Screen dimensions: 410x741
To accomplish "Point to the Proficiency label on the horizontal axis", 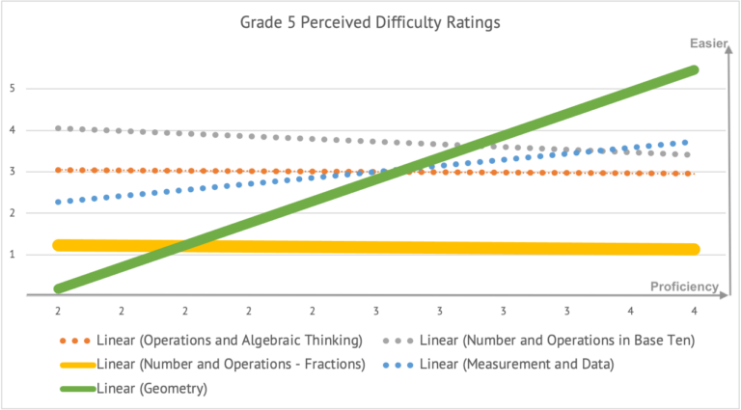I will point(684,286).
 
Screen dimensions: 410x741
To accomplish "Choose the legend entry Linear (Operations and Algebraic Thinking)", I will point(230,340).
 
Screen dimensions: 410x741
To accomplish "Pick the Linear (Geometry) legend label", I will point(151,389).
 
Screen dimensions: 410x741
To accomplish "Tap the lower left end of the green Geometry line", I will point(60,287).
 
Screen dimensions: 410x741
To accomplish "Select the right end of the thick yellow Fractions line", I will point(695,250).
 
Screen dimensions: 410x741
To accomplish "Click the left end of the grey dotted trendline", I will point(59,128).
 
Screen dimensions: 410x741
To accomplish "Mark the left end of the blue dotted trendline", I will point(59,202).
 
